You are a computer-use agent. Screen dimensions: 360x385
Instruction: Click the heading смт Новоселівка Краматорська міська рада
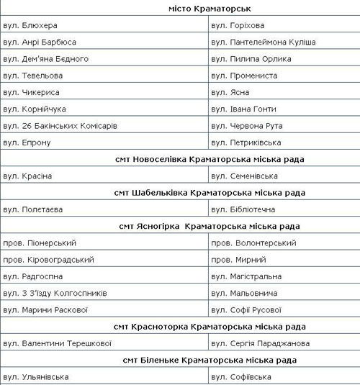click(210, 159)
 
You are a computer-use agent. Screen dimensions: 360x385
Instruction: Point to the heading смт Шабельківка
click(210, 192)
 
